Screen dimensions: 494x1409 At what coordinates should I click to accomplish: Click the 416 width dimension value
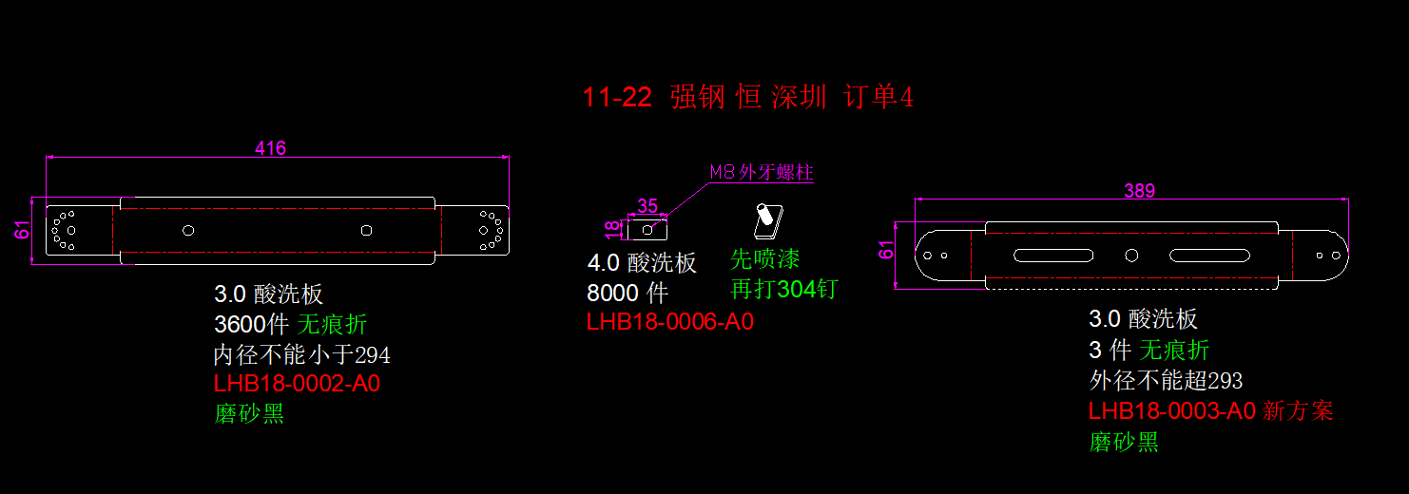click(270, 147)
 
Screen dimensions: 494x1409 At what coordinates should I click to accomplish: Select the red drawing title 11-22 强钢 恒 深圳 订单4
click(747, 97)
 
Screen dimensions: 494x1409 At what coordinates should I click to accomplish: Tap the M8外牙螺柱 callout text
click(762, 172)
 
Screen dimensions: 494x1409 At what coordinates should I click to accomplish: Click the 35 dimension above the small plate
click(647, 206)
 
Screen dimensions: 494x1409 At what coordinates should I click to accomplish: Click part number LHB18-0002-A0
click(297, 384)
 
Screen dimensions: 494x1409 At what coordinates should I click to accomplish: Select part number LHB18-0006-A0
click(669, 322)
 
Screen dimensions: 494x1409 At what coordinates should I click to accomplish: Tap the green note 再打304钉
click(783, 289)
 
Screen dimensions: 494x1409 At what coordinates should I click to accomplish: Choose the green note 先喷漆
click(764, 259)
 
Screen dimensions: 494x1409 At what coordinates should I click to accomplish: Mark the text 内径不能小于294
click(301, 355)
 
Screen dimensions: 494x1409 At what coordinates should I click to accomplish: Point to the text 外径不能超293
click(1165, 381)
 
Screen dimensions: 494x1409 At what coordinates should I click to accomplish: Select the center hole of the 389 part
click(1131, 255)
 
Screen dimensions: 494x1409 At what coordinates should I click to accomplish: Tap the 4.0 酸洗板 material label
click(642, 263)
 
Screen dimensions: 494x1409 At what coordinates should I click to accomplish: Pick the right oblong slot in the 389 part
click(1209, 255)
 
